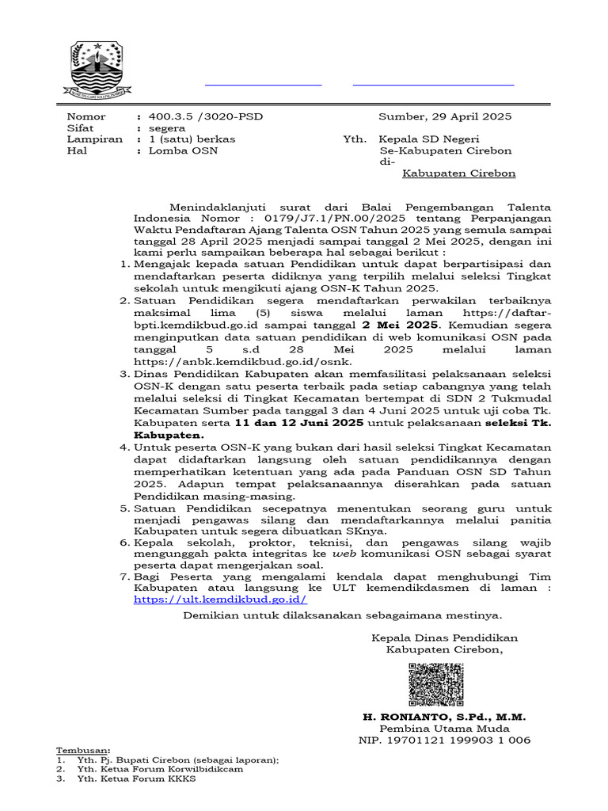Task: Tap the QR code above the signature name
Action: [x=436, y=685]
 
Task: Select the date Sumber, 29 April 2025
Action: [x=445, y=116]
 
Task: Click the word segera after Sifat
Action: [x=167, y=128]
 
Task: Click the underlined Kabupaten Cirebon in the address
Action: [x=458, y=173]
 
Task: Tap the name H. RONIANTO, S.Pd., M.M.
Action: [x=444, y=717]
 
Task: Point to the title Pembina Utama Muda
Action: [x=444, y=729]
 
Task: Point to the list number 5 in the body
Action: [x=124, y=508]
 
